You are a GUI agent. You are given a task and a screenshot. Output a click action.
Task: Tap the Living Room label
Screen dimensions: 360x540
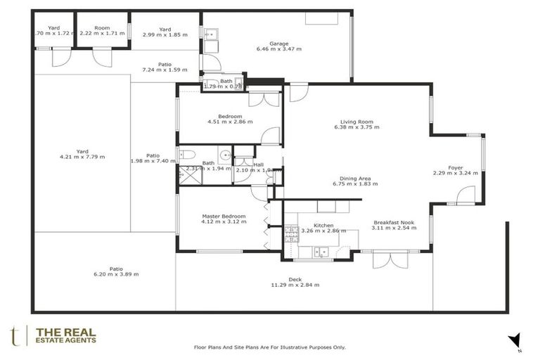(x=356, y=121)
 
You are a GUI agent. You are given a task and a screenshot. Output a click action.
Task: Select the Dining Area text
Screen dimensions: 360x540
(x=355, y=178)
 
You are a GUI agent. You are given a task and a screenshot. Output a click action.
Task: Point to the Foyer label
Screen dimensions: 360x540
(x=447, y=167)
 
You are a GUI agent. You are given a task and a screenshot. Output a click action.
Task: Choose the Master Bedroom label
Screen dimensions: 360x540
(x=223, y=216)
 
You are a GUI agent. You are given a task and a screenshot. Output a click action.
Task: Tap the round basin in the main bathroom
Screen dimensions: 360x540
(x=224, y=155)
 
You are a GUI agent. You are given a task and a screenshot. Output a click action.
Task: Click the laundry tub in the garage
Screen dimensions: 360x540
(x=210, y=32)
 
